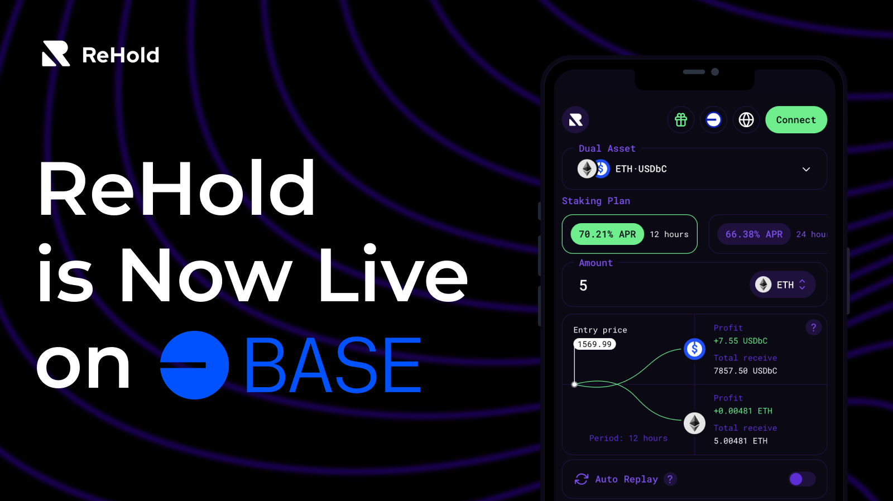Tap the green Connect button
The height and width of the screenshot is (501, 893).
[x=796, y=120]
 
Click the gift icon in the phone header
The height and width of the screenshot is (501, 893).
[x=681, y=120]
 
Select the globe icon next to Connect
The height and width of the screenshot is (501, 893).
[x=746, y=120]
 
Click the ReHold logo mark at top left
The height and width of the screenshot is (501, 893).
[x=56, y=54]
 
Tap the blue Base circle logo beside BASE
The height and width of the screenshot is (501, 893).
[x=194, y=365]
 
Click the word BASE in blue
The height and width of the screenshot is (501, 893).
[x=333, y=365]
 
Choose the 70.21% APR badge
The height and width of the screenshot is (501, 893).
[x=607, y=234]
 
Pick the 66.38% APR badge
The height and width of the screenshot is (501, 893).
[x=753, y=234]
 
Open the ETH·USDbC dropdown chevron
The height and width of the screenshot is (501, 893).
[x=806, y=169]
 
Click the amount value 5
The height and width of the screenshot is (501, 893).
[x=583, y=286]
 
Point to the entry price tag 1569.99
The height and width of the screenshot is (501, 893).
[x=594, y=344]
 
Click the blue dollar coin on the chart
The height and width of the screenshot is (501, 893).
[x=694, y=349]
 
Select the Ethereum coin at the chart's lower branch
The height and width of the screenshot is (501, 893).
[x=694, y=423]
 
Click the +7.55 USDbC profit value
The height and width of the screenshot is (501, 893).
[x=740, y=341]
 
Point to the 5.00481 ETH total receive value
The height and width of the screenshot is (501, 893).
[x=740, y=441]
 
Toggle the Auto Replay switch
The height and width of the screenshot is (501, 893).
[x=802, y=479]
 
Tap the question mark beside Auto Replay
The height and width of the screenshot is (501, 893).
[x=670, y=479]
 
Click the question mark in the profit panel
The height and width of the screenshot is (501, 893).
[x=813, y=327]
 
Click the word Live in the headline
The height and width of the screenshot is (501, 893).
[x=392, y=275]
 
